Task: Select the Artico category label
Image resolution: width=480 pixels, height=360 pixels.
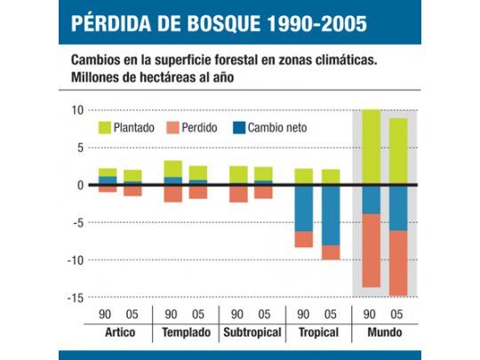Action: [119, 332]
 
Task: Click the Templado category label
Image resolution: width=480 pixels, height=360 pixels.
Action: [186, 332]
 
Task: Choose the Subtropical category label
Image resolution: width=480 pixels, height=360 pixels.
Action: [251, 332]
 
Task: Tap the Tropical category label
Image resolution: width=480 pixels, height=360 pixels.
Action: [316, 332]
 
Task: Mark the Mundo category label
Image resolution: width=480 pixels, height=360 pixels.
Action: [383, 332]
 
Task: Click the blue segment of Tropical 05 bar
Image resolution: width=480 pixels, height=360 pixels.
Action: [330, 214]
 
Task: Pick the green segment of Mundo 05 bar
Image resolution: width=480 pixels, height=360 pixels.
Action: [397, 151]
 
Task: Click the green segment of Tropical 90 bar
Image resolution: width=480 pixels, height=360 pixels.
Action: [304, 176]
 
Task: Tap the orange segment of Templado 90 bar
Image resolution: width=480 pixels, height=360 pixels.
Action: [173, 193]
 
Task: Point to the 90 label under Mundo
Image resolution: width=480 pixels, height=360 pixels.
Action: [371, 314]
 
